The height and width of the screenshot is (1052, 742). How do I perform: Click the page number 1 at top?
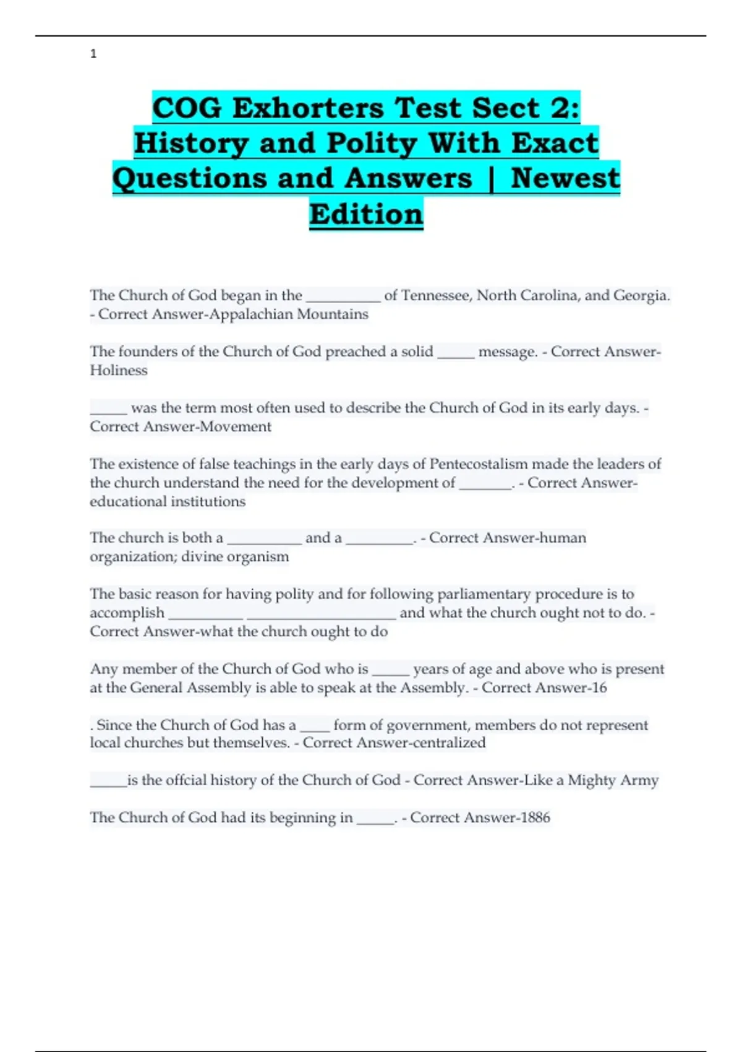(x=93, y=54)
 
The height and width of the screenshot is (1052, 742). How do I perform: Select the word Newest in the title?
(x=565, y=178)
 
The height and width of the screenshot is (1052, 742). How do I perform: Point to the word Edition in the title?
(x=366, y=214)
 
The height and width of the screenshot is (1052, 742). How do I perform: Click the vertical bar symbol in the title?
(x=492, y=179)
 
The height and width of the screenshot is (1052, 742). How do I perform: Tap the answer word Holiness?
(x=119, y=370)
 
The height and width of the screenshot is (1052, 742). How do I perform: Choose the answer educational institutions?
(x=168, y=501)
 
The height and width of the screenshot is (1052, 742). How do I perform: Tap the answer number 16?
(x=599, y=688)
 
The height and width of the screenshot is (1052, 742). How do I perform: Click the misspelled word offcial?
(x=175, y=780)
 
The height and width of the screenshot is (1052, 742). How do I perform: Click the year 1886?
(x=535, y=817)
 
